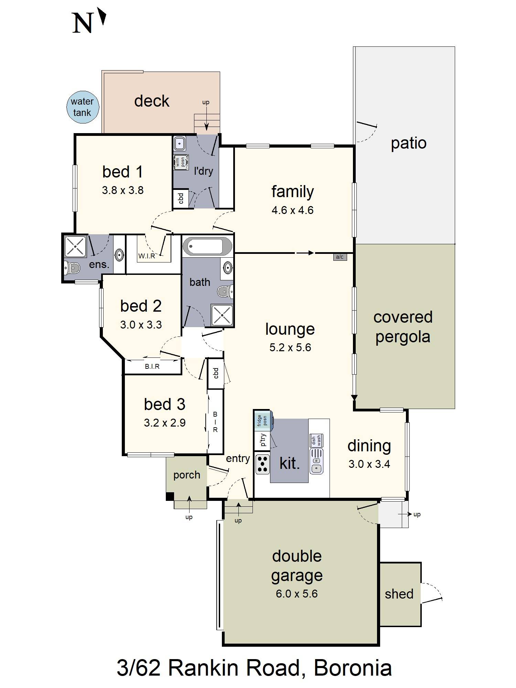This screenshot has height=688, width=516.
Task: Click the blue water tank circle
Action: click(x=83, y=107)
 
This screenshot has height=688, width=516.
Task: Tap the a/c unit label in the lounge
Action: click(x=340, y=257)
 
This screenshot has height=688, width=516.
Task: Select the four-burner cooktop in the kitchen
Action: click(x=262, y=464)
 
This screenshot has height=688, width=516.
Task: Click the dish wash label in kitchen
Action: click(x=316, y=440)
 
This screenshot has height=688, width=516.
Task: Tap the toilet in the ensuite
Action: click(x=72, y=267)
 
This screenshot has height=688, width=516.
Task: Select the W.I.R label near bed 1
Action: click(x=147, y=256)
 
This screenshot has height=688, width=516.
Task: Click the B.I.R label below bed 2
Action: click(x=152, y=366)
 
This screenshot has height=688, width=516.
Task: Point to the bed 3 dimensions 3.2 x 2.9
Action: click(x=164, y=423)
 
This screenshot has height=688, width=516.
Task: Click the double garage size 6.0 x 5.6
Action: click(x=297, y=594)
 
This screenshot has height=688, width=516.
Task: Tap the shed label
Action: click(x=399, y=594)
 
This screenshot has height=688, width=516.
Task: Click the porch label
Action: click(x=186, y=475)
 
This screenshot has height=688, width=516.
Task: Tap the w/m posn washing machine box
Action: click(x=181, y=162)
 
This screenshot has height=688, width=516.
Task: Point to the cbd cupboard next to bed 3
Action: click(x=216, y=373)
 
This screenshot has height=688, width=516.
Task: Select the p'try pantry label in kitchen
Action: click(x=263, y=440)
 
